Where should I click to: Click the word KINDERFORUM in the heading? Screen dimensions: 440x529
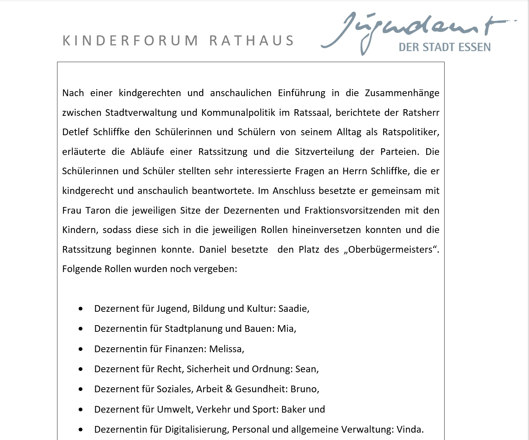click(x=130, y=41)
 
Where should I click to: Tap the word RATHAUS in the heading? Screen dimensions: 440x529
click(x=252, y=41)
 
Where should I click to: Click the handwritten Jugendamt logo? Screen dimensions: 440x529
click(x=417, y=28)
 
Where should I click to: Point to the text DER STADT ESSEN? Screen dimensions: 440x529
click(x=445, y=47)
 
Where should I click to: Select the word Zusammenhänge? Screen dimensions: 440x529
click(x=402, y=93)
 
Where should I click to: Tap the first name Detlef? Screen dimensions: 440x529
click(x=75, y=132)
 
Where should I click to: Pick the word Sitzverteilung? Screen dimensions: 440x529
click(x=324, y=152)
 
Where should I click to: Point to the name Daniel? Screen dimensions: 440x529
click(x=213, y=249)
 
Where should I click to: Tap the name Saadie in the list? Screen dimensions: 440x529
click(x=294, y=308)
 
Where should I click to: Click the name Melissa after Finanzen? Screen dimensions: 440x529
click(x=227, y=349)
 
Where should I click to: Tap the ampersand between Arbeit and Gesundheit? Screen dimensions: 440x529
click(x=229, y=389)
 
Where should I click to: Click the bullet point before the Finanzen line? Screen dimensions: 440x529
click(x=81, y=349)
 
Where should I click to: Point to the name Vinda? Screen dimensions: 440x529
click(x=410, y=429)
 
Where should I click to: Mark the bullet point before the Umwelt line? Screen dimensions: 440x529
click(x=81, y=410)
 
